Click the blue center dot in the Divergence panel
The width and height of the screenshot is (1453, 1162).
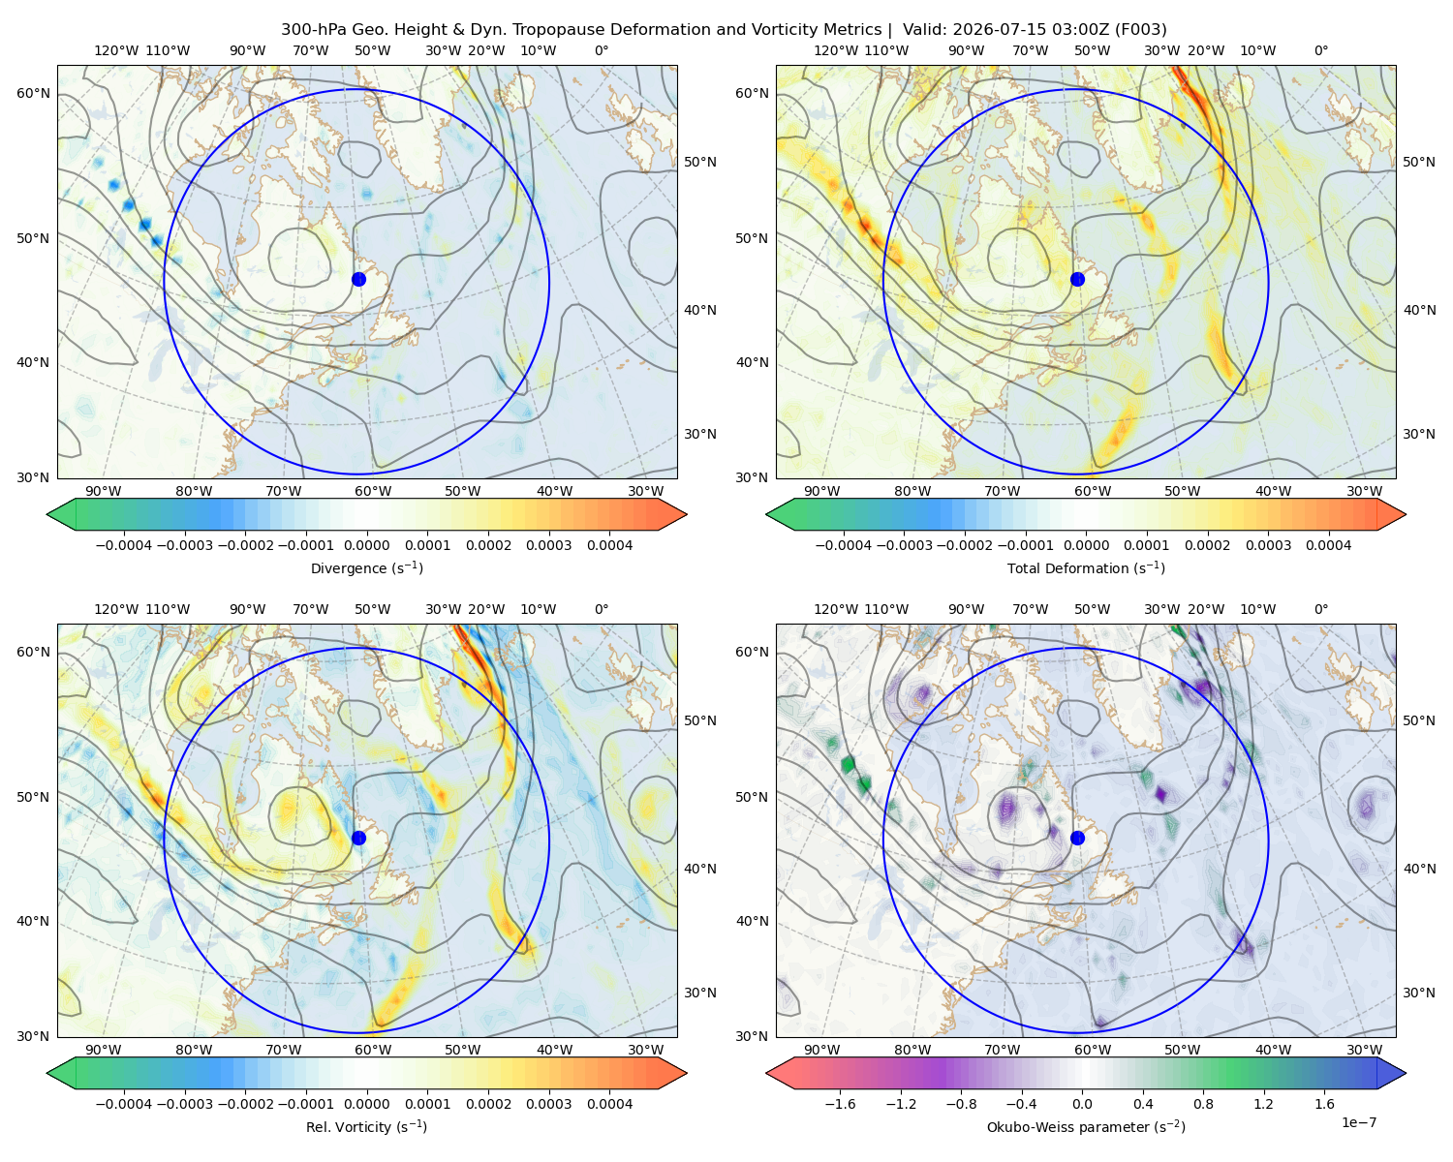pyautogui.click(x=358, y=280)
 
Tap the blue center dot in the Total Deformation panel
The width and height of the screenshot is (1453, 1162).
pyautogui.click(x=1077, y=280)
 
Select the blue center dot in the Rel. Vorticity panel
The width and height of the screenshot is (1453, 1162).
pyautogui.click(x=358, y=838)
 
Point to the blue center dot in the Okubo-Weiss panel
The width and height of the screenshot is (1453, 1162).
pyautogui.click(x=1077, y=838)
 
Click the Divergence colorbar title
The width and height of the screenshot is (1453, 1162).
pyautogui.click(x=366, y=568)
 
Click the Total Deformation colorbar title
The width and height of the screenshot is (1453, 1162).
pyautogui.click(x=1086, y=568)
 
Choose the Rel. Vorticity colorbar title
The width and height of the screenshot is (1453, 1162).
pyautogui.click(x=366, y=1127)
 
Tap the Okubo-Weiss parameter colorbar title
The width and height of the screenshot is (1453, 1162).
pyautogui.click(x=1086, y=1127)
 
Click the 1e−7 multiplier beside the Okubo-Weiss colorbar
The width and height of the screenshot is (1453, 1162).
pyautogui.click(x=1358, y=1122)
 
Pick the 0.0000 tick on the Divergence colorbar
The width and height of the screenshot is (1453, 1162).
pyautogui.click(x=366, y=545)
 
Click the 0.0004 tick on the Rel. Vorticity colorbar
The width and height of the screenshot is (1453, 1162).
pyautogui.click(x=609, y=1104)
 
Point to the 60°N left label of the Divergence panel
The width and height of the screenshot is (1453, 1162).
pyautogui.click(x=33, y=93)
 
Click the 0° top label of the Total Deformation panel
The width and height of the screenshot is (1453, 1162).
pyautogui.click(x=1320, y=50)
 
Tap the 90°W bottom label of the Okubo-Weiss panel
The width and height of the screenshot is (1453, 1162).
pyautogui.click(x=821, y=1050)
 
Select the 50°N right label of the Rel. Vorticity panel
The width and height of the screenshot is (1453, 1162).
pyautogui.click(x=700, y=720)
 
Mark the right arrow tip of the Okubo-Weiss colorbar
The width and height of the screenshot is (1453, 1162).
pyautogui.click(x=1406, y=1073)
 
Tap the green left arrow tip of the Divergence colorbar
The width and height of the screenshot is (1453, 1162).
pyautogui.click(x=47, y=514)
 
